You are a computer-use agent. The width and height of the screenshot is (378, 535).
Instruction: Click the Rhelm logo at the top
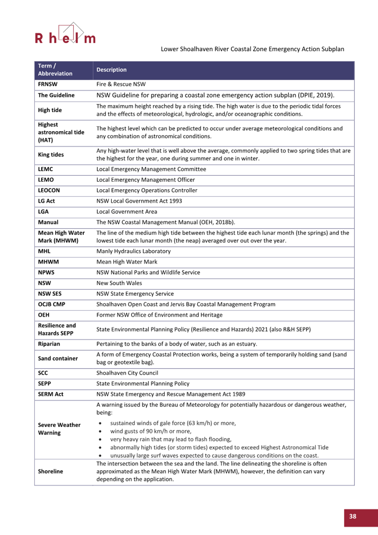65,35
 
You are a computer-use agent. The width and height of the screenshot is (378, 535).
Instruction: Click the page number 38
352,516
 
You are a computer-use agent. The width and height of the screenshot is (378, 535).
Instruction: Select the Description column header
111,70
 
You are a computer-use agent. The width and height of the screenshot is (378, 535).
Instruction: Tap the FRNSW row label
48,84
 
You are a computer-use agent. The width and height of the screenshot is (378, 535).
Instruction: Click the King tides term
51,155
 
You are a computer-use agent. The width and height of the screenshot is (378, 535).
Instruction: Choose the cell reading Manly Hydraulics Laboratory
133,251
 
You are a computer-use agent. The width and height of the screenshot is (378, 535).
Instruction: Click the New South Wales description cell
119,283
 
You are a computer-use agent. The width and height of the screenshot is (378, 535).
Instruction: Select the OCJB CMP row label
51,304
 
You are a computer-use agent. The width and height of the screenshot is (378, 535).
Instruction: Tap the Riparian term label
49,344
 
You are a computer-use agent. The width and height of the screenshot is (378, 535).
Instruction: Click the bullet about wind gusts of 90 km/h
151,431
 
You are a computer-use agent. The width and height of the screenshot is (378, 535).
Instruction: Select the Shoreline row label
50,471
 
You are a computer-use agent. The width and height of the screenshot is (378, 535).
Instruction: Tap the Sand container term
58,358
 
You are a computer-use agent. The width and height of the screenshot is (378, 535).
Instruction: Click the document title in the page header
252,49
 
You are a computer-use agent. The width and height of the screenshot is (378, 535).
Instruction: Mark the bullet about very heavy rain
171,439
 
